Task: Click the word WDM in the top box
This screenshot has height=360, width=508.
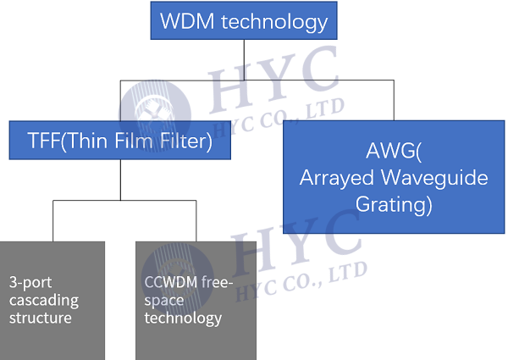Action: coord(187,21)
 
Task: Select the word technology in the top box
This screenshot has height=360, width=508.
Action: coord(274,23)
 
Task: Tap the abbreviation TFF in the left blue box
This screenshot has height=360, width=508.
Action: coord(44,141)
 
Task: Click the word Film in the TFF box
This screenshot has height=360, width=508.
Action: coord(134,141)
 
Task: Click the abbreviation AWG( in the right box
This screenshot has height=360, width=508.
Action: coord(394,152)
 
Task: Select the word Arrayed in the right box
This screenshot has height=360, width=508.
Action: coord(337,179)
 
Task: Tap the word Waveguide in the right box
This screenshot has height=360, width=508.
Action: coord(434,179)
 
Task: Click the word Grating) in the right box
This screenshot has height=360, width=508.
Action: coord(394,205)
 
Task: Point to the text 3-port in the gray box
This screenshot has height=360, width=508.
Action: coord(30,283)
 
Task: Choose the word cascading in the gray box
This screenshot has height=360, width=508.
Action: coord(44,301)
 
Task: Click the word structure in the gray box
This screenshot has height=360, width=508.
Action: coord(41,318)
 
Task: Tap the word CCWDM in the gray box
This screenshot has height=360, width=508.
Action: coord(171,282)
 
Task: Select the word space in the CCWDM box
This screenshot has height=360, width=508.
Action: coord(164,301)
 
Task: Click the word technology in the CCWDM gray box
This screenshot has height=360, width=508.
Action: coord(183,318)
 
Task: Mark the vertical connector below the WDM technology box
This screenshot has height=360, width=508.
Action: coord(244,60)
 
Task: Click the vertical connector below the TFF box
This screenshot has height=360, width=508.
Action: coord(120,180)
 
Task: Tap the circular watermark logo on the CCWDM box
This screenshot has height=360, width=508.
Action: coord(178,279)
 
